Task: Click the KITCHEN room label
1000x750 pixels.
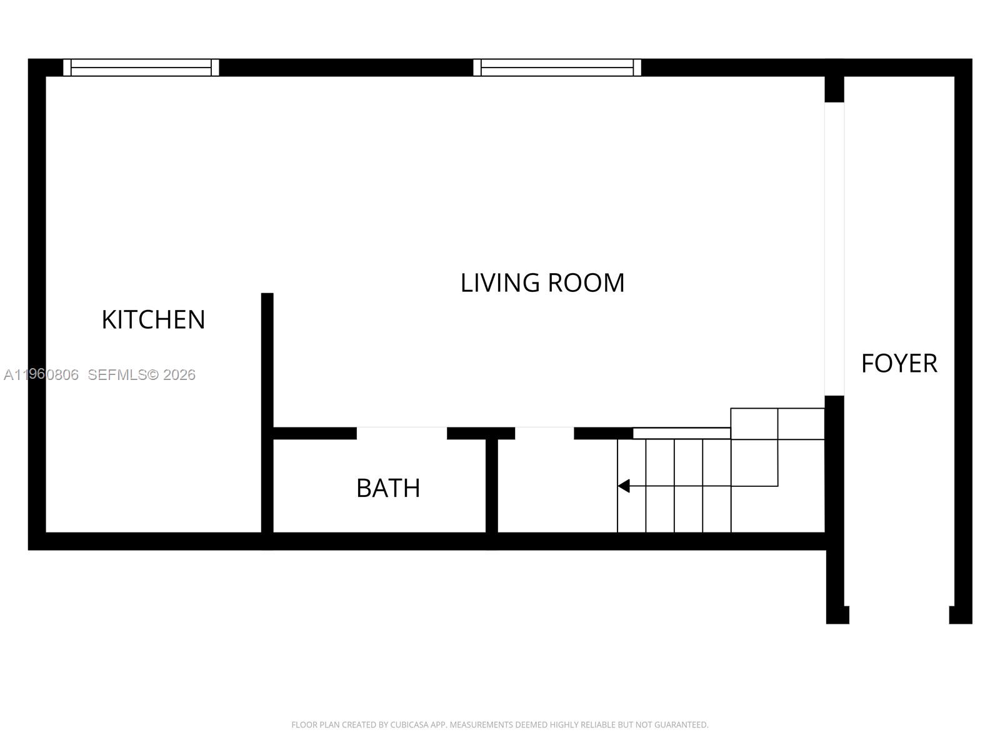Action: tap(153, 319)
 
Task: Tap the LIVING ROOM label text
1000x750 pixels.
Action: tap(542, 282)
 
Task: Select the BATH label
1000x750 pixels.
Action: tap(387, 488)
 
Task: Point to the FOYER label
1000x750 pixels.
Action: tap(899, 363)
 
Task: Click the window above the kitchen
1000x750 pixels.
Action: tap(141, 67)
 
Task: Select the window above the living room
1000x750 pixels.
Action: tap(557, 67)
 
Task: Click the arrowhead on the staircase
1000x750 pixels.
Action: tap(624, 486)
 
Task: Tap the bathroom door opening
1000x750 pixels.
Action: tap(402, 433)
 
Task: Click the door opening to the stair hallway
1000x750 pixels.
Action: tap(544, 433)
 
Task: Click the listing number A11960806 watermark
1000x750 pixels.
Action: tap(41, 375)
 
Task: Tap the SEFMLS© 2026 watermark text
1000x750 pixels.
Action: tap(141, 375)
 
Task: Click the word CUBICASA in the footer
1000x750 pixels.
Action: tap(409, 725)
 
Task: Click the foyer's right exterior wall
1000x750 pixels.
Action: tap(963, 337)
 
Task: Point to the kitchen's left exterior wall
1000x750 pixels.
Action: tap(37, 300)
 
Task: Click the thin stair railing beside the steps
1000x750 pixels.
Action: tap(681, 433)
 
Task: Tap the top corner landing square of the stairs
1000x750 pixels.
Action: tap(801, 424)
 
